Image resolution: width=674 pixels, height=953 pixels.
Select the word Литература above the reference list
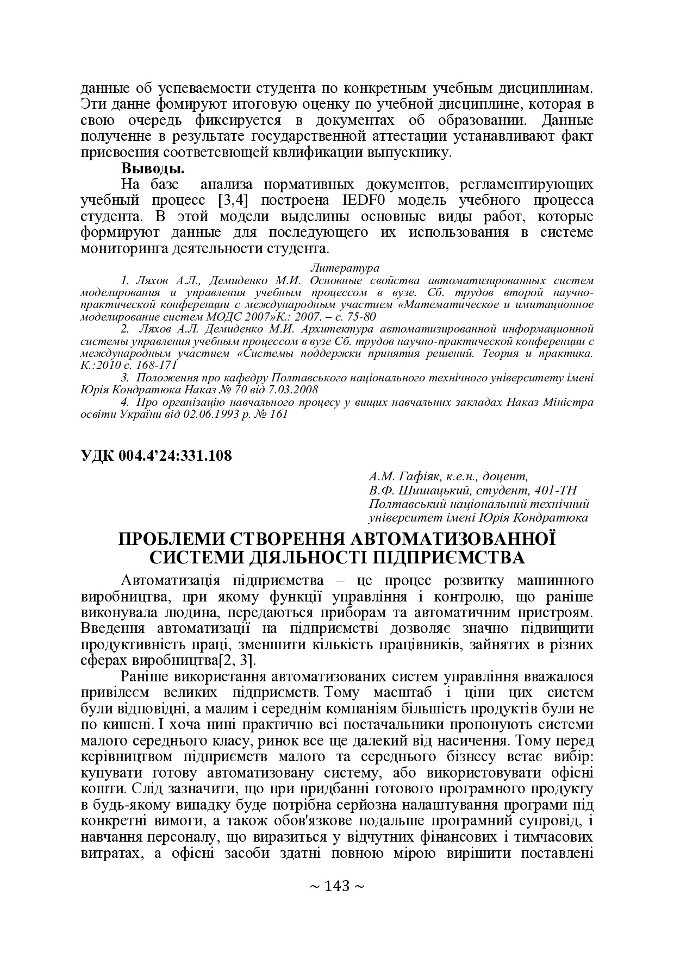(x=345, y=268)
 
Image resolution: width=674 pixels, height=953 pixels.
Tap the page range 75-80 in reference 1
(x=359, y=316)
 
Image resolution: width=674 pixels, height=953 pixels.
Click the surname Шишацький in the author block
(x=432, y=491)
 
